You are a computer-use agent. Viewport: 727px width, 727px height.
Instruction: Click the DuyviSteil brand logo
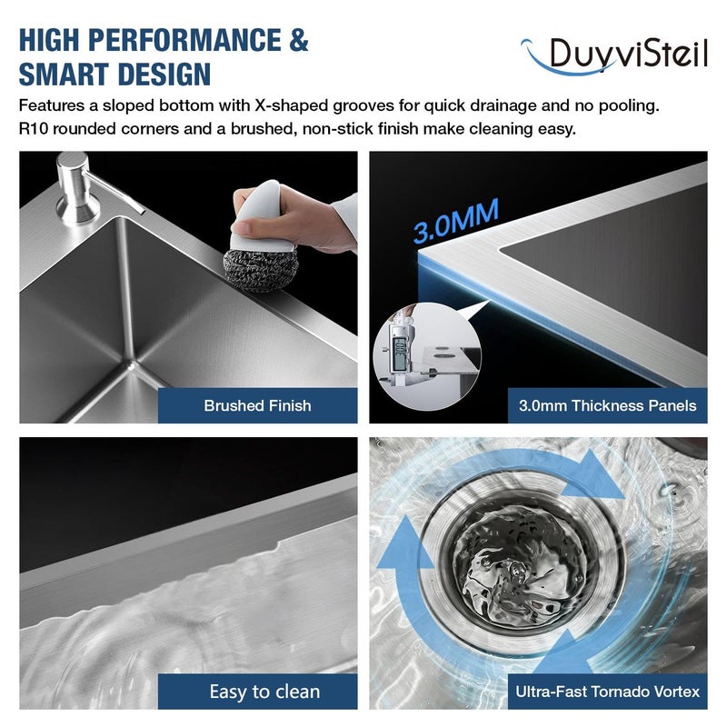pos(614,55)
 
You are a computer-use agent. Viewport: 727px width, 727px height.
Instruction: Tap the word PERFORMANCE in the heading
pos(184,40)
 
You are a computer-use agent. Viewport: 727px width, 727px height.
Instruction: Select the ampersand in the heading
pos(299,40)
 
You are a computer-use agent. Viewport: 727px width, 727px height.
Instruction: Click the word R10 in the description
pos(33,128)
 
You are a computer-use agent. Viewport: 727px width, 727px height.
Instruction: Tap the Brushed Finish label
pos(257,405)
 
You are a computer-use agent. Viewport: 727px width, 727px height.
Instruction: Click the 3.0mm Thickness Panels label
pos(607,405)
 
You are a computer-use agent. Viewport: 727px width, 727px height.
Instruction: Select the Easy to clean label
pos(264,692)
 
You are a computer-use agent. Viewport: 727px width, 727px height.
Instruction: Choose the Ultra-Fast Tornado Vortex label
pos(607,692)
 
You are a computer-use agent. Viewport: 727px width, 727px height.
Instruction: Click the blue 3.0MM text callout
pos(456,221)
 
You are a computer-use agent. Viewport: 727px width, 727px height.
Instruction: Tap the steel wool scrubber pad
pos(261,270)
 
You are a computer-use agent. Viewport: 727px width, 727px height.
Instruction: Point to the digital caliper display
pos(400,354)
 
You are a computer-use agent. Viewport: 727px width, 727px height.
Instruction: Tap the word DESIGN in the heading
pos(164,75)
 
